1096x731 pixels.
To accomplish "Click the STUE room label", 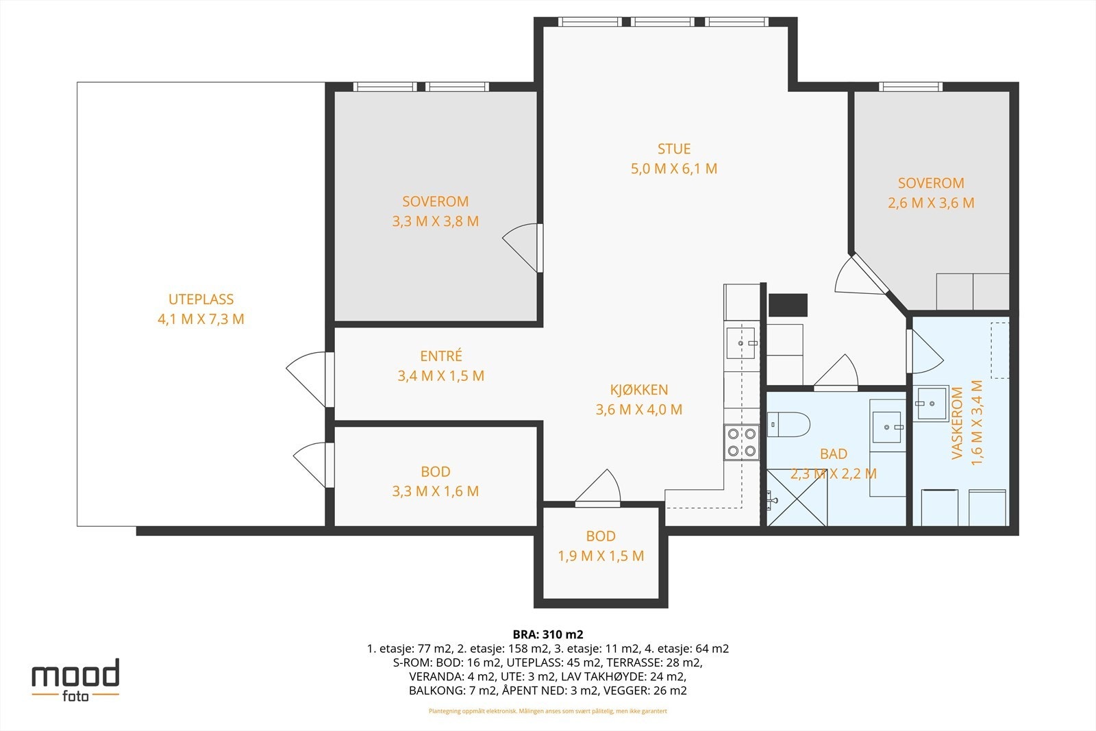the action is tap(674, 149).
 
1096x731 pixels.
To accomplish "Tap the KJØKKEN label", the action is tap(638, 389).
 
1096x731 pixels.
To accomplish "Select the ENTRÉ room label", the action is tap(441, 356).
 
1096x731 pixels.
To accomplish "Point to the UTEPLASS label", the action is tap(201, 299).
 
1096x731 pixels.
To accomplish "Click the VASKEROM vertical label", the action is tap(957, 423).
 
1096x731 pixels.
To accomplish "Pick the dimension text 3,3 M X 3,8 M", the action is tap(436, 221).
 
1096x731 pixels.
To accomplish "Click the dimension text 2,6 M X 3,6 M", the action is tap(931, 203).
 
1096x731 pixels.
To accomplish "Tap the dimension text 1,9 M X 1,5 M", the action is tap(601, 556).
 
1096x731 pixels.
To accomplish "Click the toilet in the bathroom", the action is tap(788, 424).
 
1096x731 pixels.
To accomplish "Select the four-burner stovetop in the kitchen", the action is tap(741, 443).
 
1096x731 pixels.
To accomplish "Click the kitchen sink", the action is tap(740, 343).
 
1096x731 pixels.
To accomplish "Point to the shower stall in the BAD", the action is tap(797, 497).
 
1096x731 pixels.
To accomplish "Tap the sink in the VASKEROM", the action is tap(932, 403).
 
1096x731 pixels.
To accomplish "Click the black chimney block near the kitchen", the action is tap(788, 306).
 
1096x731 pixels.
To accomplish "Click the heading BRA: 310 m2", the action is tap(548, 634).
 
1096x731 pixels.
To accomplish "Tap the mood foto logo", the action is tap(75, 680).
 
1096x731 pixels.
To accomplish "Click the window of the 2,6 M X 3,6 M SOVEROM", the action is tap(910, 86).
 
